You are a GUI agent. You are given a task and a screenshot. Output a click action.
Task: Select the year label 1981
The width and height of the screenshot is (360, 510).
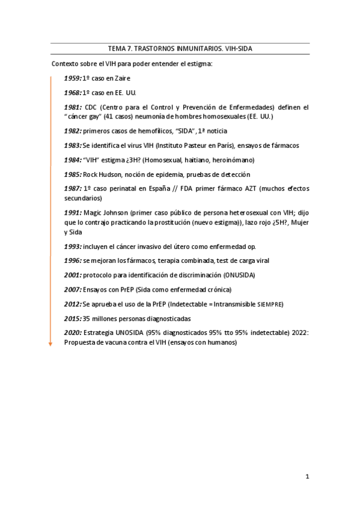tap(73, 108)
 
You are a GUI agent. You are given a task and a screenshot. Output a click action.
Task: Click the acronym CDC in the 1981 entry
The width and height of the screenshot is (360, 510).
tap(92, 108)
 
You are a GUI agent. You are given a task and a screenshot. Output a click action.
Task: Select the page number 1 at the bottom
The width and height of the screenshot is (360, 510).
tap(307, 477)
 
